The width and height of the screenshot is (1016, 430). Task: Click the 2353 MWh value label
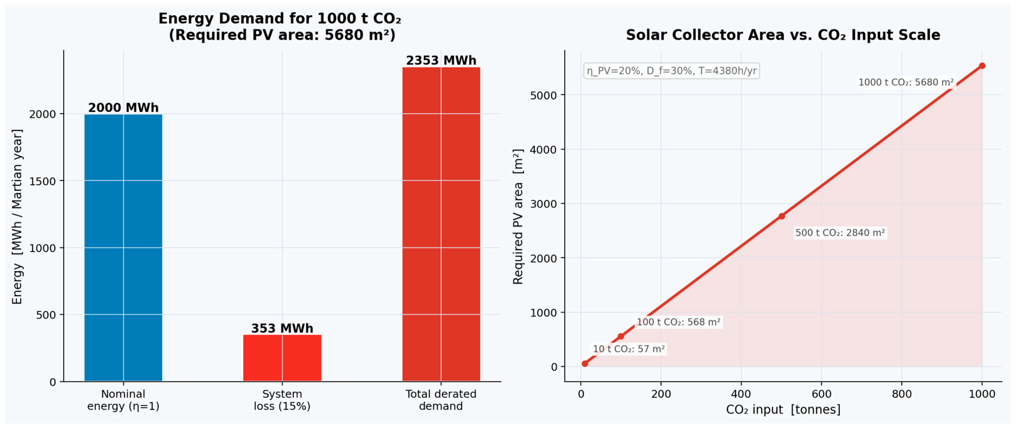tap(441, 60)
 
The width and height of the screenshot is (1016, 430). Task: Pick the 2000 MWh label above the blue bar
tap(123, 108)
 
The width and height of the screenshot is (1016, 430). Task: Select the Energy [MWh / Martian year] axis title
tap(17, 216)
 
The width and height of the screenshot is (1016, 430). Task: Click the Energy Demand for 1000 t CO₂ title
tap(280, 18)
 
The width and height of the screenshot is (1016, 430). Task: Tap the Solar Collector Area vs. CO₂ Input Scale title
tap(783, 35)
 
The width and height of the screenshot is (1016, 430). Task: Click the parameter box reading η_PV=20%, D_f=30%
tap(671, 71)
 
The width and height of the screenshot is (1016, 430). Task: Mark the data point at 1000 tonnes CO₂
tap(982, 66)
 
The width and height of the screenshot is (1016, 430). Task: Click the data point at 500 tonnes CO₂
tap(781, 216)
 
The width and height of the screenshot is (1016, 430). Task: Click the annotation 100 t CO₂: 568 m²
tap(679, 322)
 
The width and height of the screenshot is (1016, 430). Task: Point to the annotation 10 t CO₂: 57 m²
tap(629, 349)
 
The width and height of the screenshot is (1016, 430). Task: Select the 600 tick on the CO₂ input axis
tap(821, 394)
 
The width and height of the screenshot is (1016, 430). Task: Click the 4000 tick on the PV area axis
tap(543, 150)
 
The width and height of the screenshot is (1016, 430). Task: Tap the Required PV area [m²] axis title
tap(518, 216)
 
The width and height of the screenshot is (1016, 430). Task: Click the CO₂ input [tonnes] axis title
tap(783, 410)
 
